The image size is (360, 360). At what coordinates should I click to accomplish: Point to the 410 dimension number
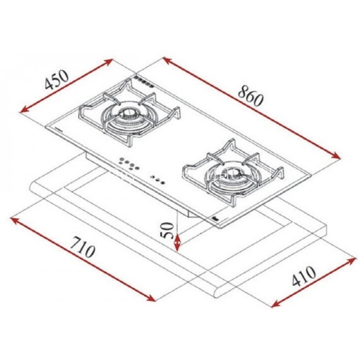pos(304,276)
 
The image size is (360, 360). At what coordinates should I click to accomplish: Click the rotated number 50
pos(168,230)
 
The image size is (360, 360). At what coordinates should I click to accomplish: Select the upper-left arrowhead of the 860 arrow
pos(167,60)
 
